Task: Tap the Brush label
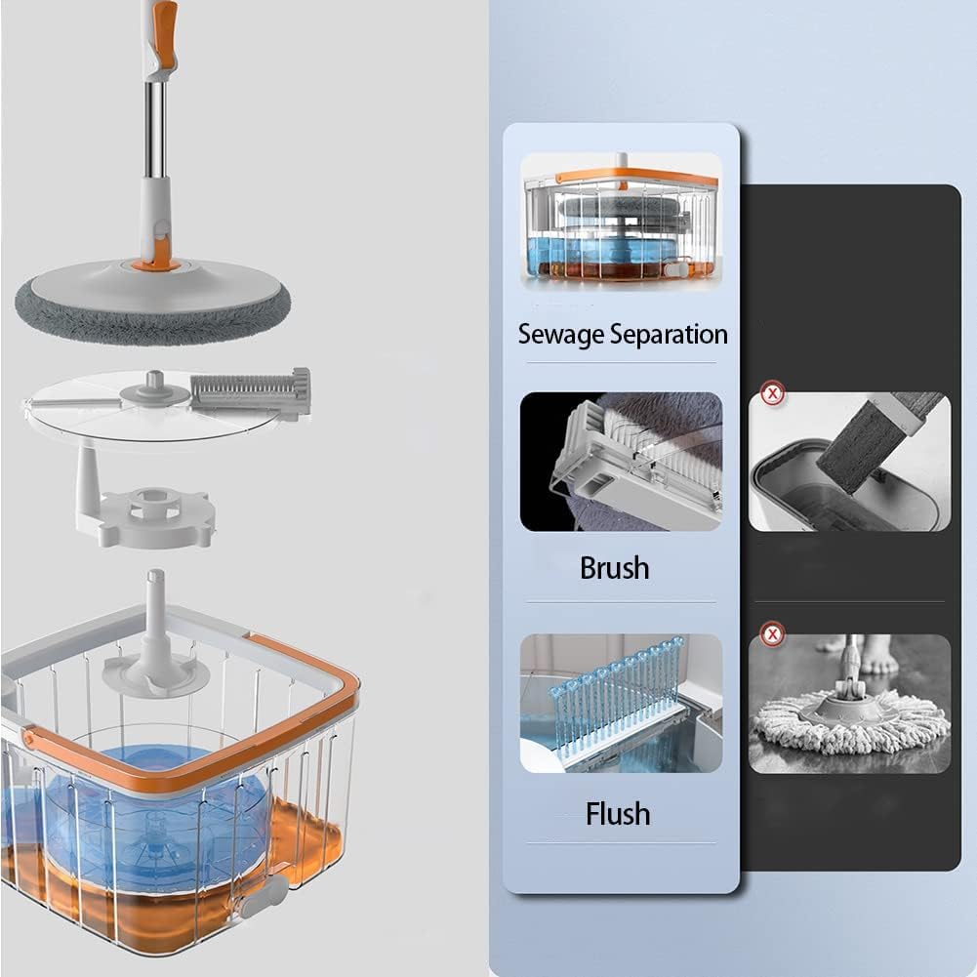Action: click(x=614, y=568)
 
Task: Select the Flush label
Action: click(x=618, y=814)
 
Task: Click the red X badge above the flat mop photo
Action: click(x=773, y=394)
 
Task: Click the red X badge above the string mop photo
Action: click(x=773, y=635)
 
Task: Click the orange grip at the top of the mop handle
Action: click(x=166, y=31)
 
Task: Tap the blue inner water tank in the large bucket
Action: click(x=156, y=816)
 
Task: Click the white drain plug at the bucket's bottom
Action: click(x=264, y=896)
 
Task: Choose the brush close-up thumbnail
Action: click(x=621, y=462)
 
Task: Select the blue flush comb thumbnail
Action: click(x=621, y=704)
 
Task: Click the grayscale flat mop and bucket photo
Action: click(x=849, y=462)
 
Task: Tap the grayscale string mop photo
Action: click(x=849, y=704)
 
